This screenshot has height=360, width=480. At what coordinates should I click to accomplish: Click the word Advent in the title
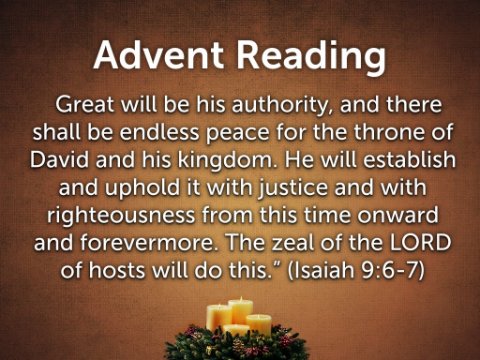(158, 55)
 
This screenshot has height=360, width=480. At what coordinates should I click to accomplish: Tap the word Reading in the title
(311, 58)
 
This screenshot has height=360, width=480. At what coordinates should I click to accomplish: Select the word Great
(85, 104)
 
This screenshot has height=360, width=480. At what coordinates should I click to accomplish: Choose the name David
(60, 160)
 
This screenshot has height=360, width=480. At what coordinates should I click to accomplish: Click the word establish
(409, 160)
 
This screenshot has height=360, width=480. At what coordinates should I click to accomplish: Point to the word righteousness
(121, 216)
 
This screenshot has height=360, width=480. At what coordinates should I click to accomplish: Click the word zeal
(293, 243)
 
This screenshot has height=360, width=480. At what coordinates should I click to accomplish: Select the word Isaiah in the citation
(322, 270)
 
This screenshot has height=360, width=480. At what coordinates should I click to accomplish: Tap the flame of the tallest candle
(240, 298)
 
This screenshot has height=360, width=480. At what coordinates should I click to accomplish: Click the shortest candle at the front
(236, 330)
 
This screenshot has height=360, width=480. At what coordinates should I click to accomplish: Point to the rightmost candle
(259, 325)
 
